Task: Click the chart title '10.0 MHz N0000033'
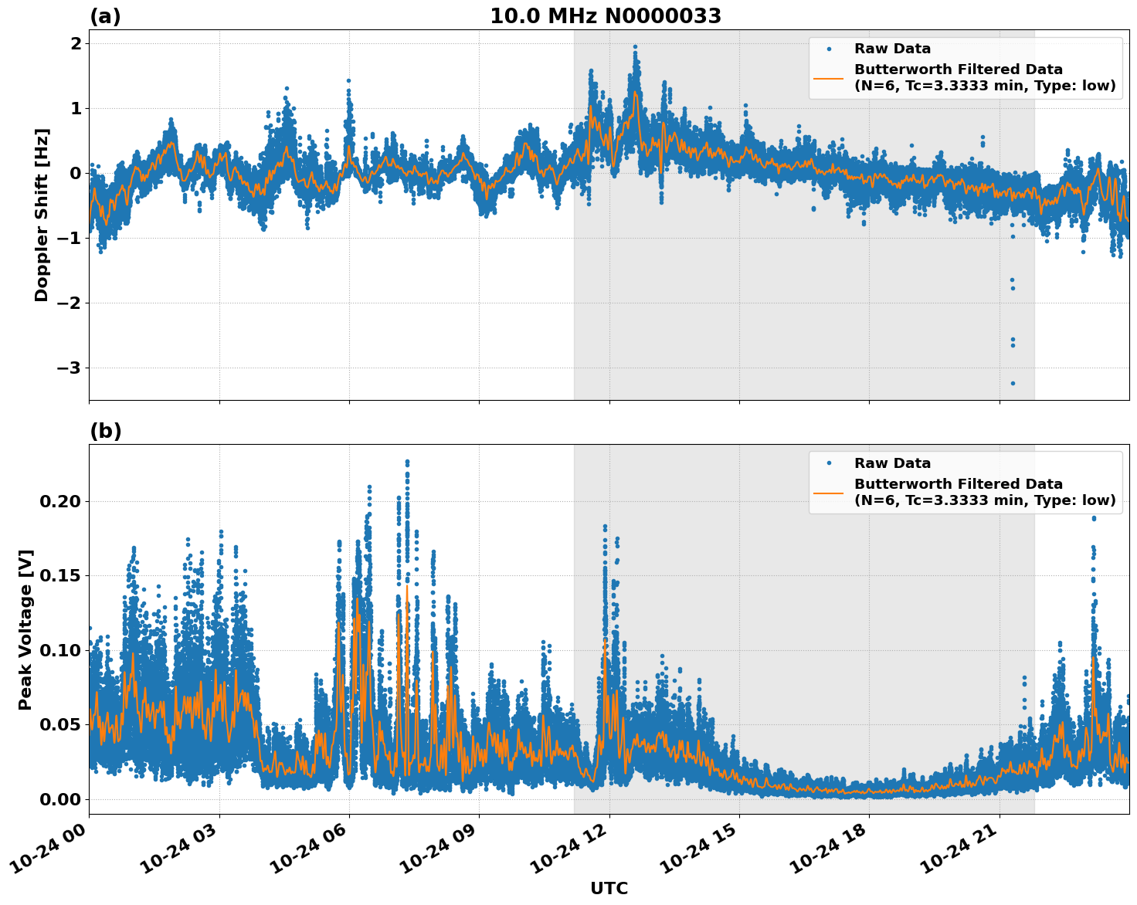click(606, 16)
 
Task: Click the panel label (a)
click(105, 16)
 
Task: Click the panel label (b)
click(105, 431)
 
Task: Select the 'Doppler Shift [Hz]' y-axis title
click(42, 215)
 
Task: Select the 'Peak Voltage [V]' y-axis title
click(25, 629)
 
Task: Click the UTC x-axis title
click(609, 888)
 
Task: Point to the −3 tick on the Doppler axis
click(69, 368)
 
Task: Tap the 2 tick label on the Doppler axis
click(76, 44)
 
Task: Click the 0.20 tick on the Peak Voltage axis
click(59, 502)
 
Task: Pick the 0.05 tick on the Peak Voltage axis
click(59, 725)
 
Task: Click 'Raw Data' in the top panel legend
click(892, 49)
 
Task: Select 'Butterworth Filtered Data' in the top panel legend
click(958, 69)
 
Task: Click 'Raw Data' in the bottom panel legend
click(892, 463)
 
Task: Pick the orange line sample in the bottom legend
click(828, 493)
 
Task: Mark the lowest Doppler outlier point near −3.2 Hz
click(1013, 383)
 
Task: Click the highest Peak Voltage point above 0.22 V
click(407, 462)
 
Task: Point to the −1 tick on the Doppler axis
click(69, 239)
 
